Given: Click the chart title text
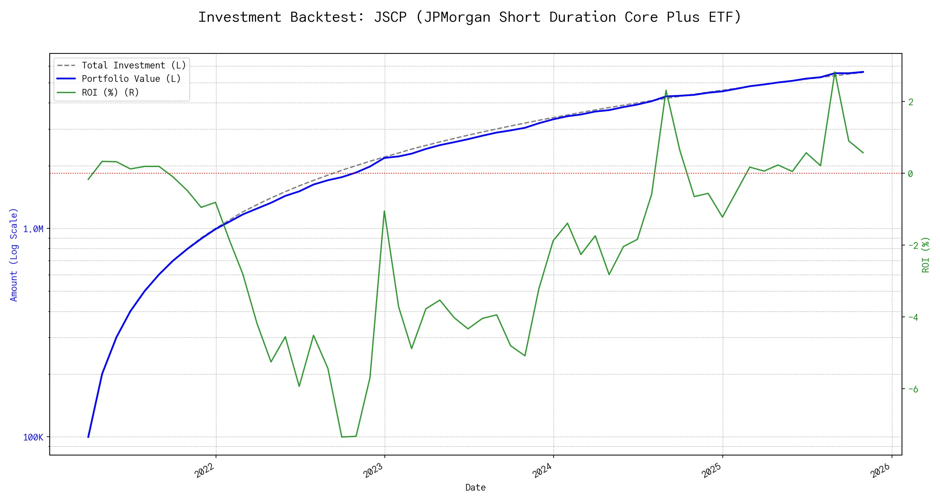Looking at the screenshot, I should click(470, 17).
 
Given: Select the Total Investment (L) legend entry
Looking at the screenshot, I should click(134, 66).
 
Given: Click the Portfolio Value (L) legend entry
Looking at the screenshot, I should click(131, 79).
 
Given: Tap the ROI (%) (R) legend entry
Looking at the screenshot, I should click(110, 92).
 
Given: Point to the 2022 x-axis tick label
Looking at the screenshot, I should click(205, 471).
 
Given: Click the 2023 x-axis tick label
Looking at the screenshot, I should click(374, 471).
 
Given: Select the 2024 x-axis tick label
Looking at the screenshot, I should click(543, 471).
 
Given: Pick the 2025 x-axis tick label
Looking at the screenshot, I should click(712, 471).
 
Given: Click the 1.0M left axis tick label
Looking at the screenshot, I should click(33, 229).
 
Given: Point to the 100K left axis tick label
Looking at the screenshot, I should click(33, 438).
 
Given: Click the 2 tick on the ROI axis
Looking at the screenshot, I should click(911, 102).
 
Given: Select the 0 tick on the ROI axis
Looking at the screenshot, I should click(911, 174).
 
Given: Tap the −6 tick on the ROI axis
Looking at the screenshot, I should click(913, 389).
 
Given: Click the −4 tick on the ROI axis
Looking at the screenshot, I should click(913, 317).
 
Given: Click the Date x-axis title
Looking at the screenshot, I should click(475, 488).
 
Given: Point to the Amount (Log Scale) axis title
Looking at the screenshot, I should click(14, 255).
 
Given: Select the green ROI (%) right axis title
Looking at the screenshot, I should click(926, 255).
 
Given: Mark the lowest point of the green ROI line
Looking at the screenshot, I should click(342, 437).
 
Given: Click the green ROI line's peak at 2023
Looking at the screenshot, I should click(384, 211).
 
